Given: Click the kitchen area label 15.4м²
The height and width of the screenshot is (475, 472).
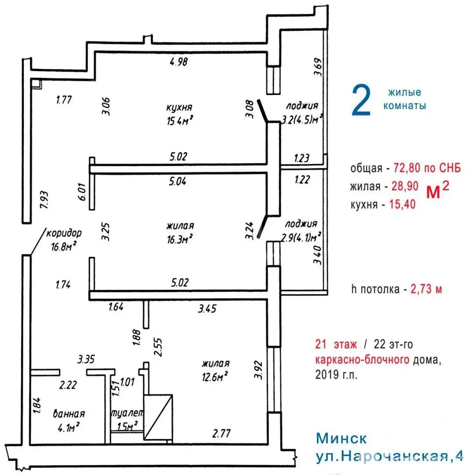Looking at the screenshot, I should tap(180, 121).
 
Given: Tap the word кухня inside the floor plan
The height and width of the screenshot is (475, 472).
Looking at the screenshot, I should tap(180, 107).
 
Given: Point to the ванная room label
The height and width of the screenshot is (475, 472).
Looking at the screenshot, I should tap(69, 414).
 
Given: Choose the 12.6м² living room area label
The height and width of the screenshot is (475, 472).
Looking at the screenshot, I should tap(215, 376).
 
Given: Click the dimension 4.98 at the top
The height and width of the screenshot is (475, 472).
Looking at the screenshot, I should tap(178, 62).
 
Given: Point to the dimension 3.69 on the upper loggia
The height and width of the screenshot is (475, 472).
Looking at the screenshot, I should tap(318, 68).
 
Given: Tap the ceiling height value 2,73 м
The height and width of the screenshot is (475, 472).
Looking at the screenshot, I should tap(426, 289).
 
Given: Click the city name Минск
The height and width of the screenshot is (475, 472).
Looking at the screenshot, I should tap(341, 439).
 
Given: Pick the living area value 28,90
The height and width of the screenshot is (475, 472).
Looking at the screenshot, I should tap(404, 186).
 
